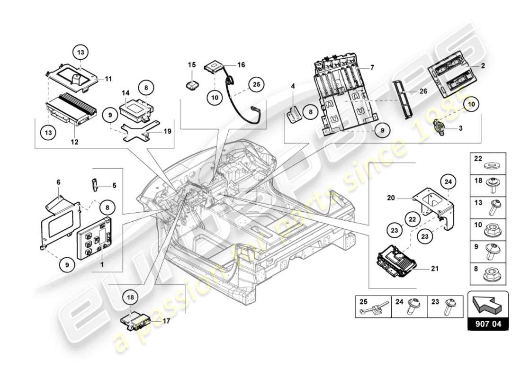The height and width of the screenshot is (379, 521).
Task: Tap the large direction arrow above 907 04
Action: (x=487, y=304)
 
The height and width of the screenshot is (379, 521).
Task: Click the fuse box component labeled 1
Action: (x=95, y=235)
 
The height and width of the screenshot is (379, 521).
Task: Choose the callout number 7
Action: (x=372, y=68)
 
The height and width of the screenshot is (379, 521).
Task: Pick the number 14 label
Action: (x=125, y=93)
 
